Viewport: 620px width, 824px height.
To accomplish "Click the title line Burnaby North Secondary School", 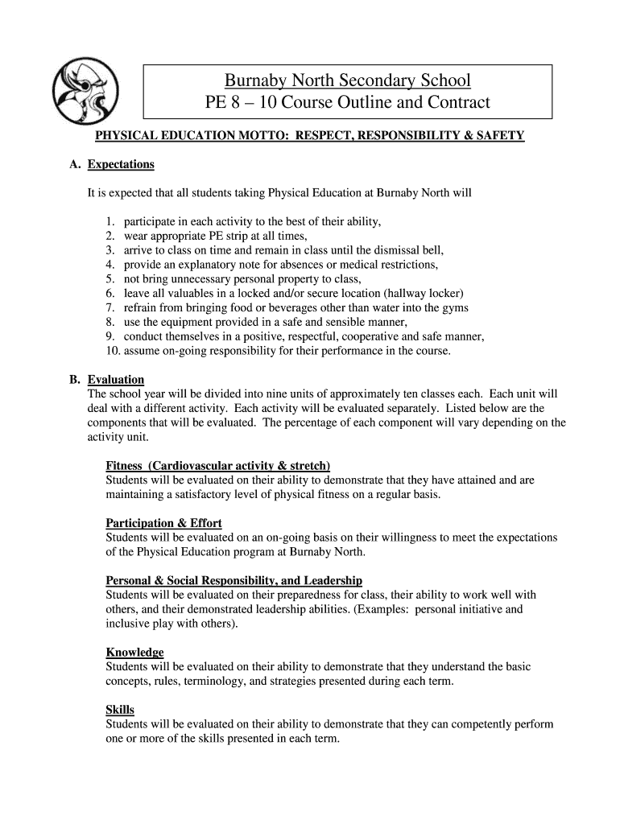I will pos(347,80).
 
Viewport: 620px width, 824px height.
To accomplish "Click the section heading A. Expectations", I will pos(120,164).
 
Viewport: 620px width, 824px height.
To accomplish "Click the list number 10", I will pos(112,352).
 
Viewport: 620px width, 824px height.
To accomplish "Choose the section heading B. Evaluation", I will pos(115,379).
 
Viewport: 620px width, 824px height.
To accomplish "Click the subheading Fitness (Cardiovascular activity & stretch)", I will pos(217,466).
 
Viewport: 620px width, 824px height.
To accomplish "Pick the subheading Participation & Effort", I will pos(163,523).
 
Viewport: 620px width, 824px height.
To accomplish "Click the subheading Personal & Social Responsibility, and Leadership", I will pos(234,580).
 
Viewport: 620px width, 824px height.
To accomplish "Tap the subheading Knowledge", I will pos(134,653).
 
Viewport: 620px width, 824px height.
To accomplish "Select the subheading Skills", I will pos(120,710).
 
